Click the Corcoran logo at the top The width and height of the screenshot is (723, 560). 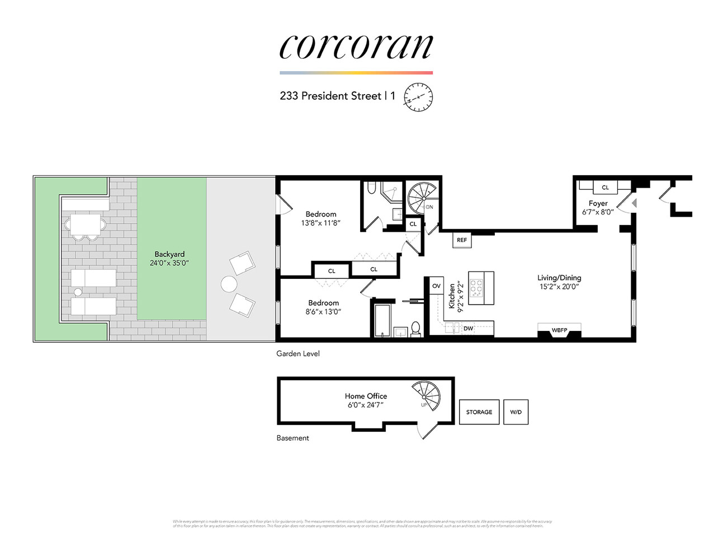coord(356,47)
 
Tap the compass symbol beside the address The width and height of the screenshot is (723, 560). coord(418,97)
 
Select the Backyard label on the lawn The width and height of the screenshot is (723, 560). coord(169,254)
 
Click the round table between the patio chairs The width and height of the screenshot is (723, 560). coord(229,284)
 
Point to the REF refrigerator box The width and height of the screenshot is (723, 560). coord(462,240)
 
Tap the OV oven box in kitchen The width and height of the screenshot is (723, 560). coord(436,286)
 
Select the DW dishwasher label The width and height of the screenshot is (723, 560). coord(468,329)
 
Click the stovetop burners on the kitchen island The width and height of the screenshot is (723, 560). coord(476,288)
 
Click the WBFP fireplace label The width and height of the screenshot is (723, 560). coord(559,330)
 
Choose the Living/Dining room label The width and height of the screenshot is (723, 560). coord(559,278)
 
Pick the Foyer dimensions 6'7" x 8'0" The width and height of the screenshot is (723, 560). coord(598,212)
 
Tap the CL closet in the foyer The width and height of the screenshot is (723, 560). coord(605,187)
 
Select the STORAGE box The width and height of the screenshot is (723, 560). coord(479,412)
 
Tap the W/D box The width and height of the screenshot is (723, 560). coord(516,412)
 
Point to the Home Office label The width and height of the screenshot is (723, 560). coord(366,396)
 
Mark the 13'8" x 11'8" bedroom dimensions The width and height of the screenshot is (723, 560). coord(321,223)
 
